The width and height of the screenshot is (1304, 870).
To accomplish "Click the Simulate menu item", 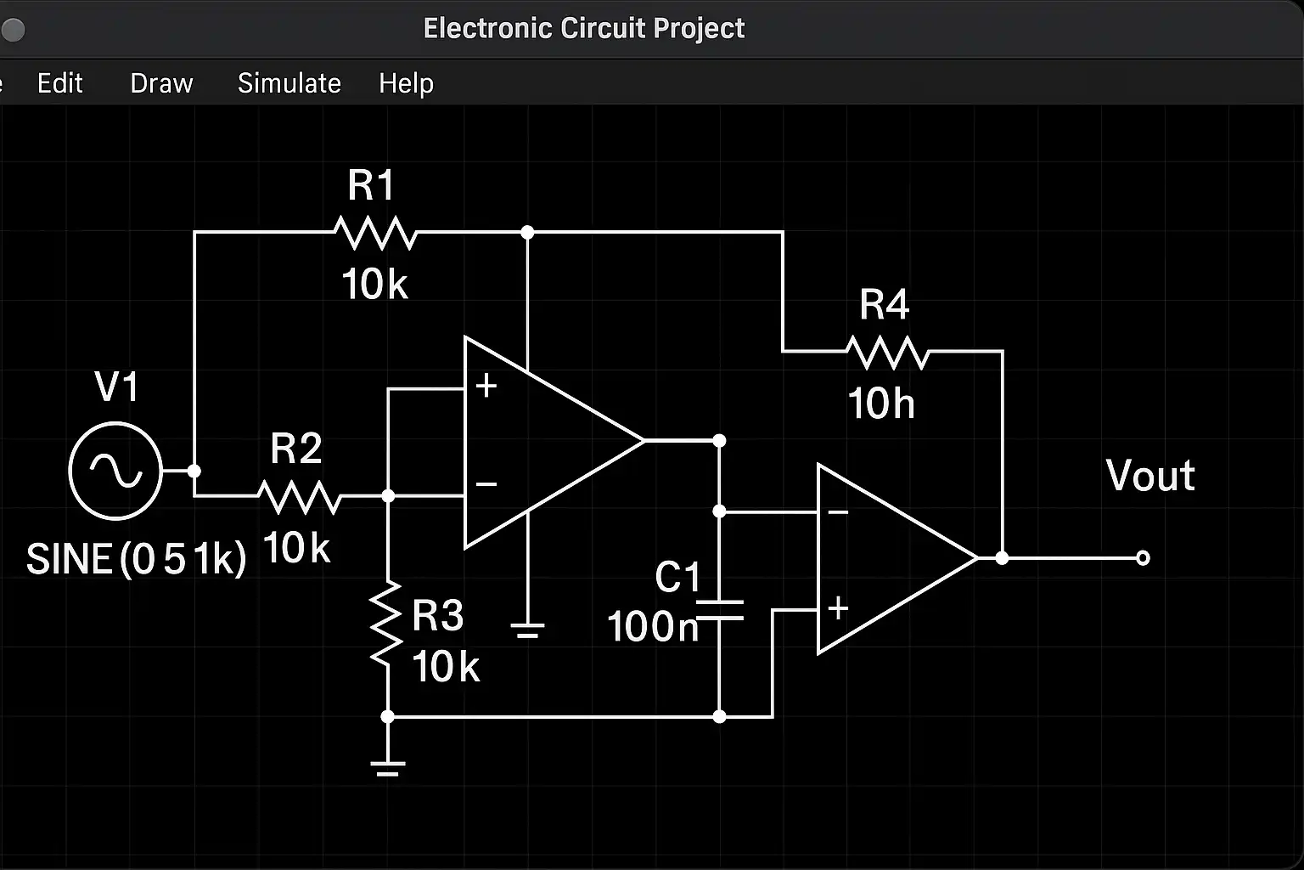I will click(x=289, y=83).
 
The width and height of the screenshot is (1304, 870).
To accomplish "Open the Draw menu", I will click(x=161, y=83).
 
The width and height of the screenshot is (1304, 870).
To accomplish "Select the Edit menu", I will click(x=59, y=83).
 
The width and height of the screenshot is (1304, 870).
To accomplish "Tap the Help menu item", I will click(x=406, y=83).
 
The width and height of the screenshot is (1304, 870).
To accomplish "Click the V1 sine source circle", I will click(x=115, y=470).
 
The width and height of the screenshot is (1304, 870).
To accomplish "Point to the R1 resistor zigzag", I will click(x=374, y=232).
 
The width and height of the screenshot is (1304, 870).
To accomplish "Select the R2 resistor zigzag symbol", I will click(x=299, y=496).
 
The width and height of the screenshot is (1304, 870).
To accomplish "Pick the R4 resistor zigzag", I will click(x=887, y=352).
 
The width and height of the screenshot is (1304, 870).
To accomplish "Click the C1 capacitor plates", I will click(x=719, y=610).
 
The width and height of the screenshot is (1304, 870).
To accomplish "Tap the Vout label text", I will click(x=1150, y=476).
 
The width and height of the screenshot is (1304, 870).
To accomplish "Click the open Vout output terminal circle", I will click(x=1143, y=558).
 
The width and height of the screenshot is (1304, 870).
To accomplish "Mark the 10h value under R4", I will click(x=881, y=404).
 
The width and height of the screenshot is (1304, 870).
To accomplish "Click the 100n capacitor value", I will click(x=652, y=627).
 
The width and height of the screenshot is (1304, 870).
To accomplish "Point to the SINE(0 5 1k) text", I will click(x=136, y=560).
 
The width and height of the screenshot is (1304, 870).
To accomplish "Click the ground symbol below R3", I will click(x=387, y=768).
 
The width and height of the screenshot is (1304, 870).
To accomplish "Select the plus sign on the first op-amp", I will click(x=486, y=386).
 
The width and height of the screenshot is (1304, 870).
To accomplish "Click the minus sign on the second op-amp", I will click(x=838, y=512).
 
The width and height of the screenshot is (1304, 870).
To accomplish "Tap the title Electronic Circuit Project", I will click(x=584, y=29).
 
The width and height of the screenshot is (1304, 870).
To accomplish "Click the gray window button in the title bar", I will click(x=13, y=31).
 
